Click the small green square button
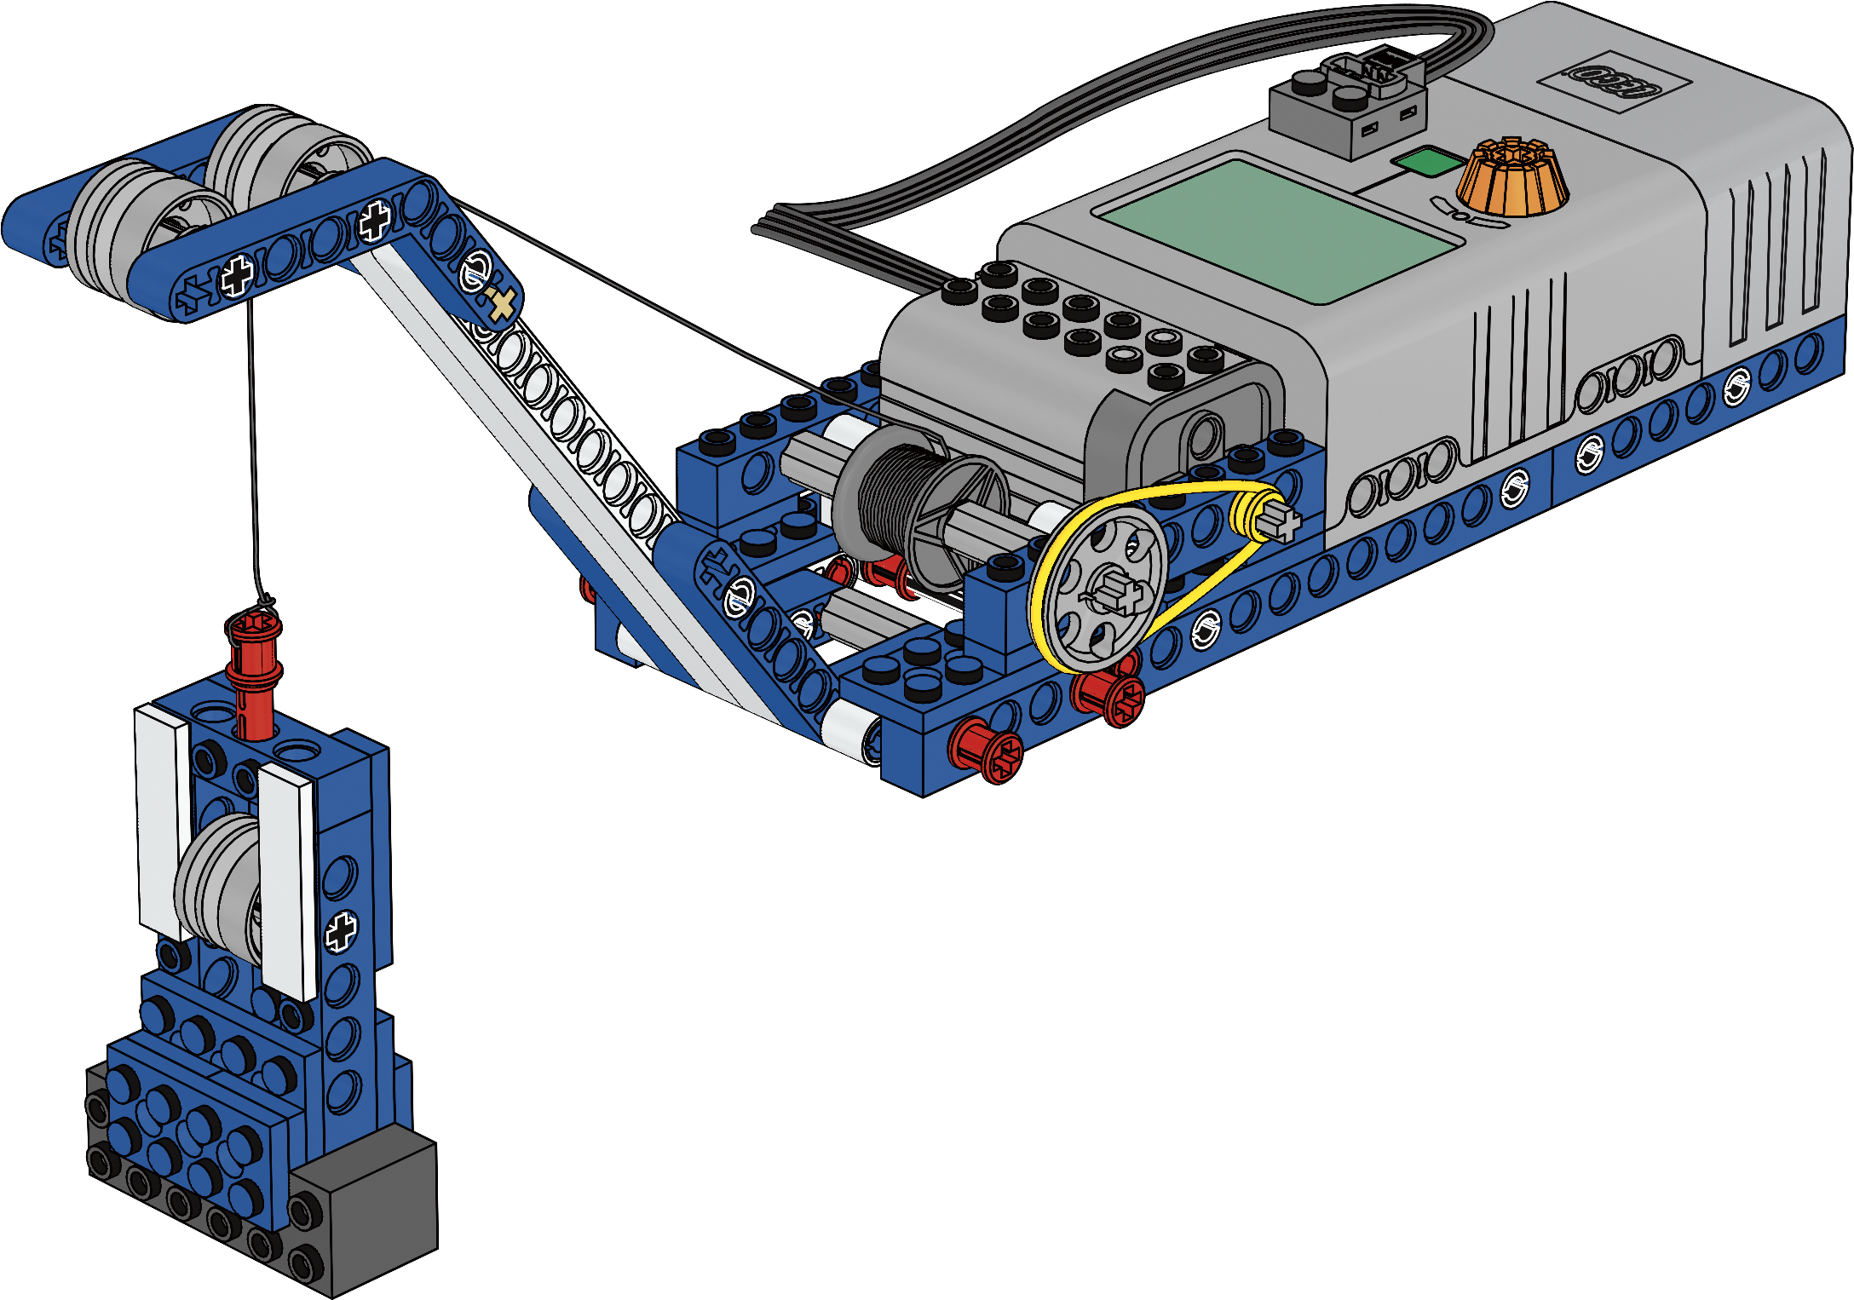[x=1428, y=162]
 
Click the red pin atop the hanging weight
[x=253, y=673]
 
